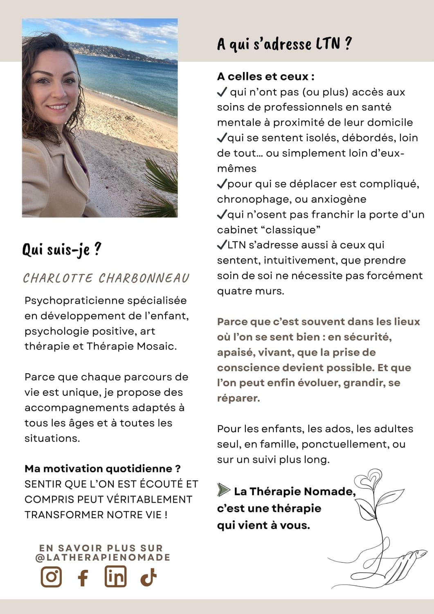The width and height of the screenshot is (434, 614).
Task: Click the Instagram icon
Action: pyautogui.click(x=51, y=577)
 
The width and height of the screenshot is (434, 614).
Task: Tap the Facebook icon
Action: pyautogui.click(x=83, y=578)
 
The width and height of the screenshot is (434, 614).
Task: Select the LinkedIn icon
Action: pyautogui.click(x=115, y=577)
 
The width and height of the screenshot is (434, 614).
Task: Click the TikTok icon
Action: pyautogui.click(x=148, y=578)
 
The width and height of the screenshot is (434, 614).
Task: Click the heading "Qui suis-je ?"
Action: pyautogui.click(x=62, y=249)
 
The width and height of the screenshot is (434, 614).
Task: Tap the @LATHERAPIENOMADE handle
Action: pyautogui.click(x=103, y=557)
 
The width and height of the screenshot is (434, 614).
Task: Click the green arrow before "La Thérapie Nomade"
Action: pyautogui.click(x=223, y=490)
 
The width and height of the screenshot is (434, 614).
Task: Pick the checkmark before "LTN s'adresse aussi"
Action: pyautogui.click(x=222, y=245)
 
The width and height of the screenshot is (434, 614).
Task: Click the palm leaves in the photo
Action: pyautogui.click(x=162, y=184)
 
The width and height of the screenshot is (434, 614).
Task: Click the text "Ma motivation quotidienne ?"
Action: pyautogui.click(x=102, y=468)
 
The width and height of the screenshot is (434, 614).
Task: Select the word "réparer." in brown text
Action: pyautogui.click(x=238, y=398)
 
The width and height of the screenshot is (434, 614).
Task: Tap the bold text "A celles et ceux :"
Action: pyautogui.click(x=266, y=77)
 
